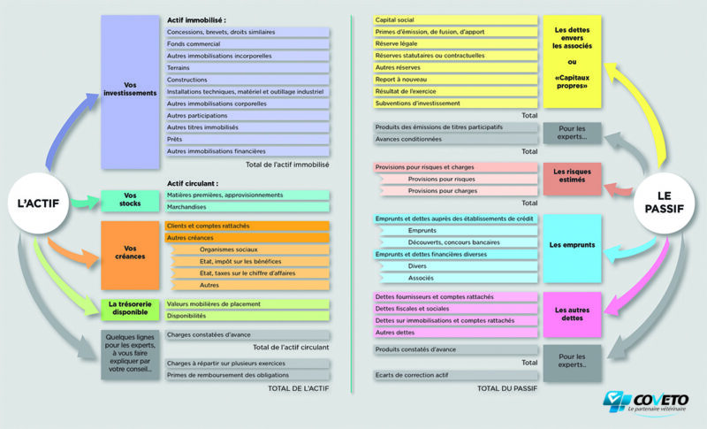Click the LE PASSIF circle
670,203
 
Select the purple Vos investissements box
129,92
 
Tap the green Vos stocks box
129,201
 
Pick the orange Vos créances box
129,255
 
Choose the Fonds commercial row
247,44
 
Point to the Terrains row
247,68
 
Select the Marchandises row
247,207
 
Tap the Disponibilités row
247,316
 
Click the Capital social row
455,19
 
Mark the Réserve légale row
455,43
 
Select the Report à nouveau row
455,80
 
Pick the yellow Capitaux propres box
572,61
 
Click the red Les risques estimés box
572,178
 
